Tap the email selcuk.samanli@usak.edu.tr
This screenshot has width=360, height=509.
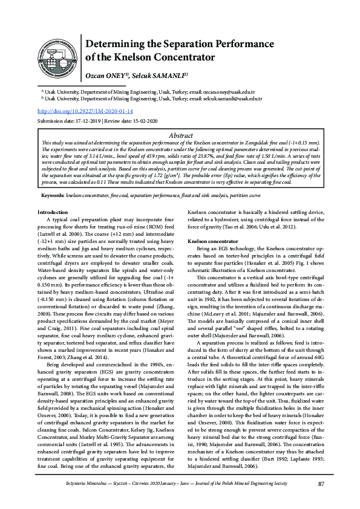coord(231,97)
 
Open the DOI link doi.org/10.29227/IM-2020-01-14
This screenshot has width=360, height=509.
coord(85,112)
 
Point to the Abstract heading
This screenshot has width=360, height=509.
coord(180,136)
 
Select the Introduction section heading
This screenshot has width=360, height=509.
coord(53,195)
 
